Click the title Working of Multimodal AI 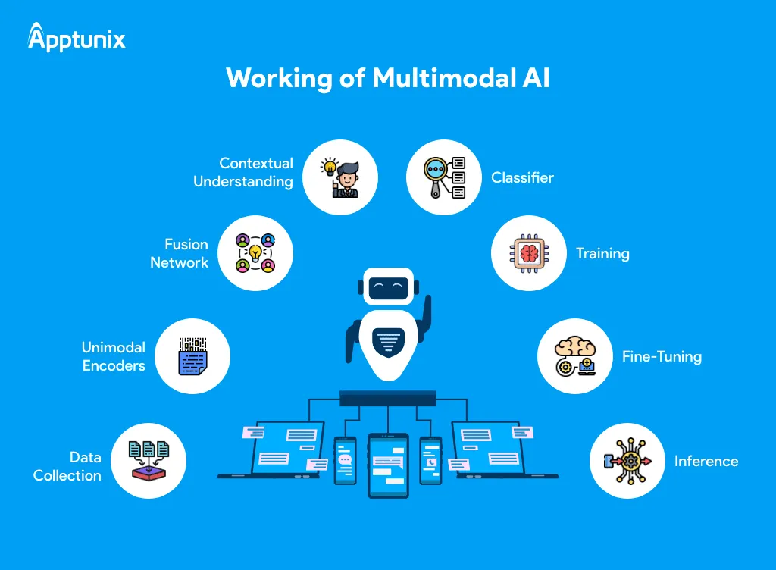(387, 79)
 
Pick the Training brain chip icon (528, 253)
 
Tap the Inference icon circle (627, 461)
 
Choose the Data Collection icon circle (149, 461)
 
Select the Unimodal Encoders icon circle (192, 356)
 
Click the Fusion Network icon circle (255, 253)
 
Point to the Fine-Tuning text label (662, 356)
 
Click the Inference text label (706, 461)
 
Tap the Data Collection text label (67, 466)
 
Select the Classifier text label (522, 177)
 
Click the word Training (602, 253)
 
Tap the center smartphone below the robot (388, 465)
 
